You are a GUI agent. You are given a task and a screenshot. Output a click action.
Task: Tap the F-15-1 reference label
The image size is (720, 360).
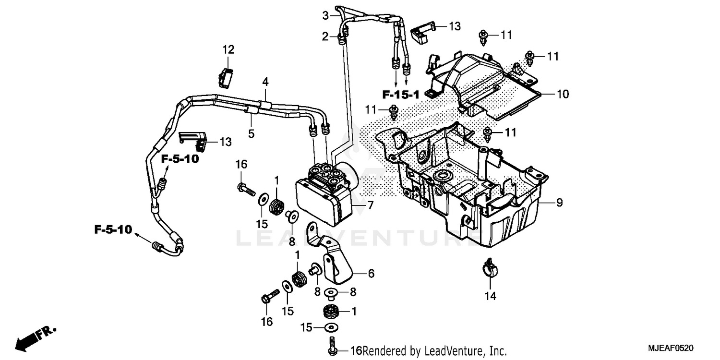pyautogui.click(x=401, y=95)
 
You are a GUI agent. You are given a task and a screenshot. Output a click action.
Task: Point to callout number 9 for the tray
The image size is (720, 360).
pyautogui.click(x=559, y=203)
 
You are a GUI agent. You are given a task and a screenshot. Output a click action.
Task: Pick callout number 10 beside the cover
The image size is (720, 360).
pyautogui.click(x=563, y=94)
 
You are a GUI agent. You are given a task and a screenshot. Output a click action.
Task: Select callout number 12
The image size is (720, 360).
pyautogui.click(x=228, y=49)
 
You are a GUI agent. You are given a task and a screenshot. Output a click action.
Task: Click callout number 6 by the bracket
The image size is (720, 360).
pyautogui.click(x=371, y=274)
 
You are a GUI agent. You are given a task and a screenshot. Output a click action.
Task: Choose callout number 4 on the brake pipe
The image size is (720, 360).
pyautogui.click(x=265, y=82)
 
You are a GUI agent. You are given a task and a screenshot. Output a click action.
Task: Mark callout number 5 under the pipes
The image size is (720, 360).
pyautogui.click(x=251, y=134)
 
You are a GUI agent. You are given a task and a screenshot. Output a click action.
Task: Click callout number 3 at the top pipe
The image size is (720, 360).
pyautogui.click(x=325, y=16)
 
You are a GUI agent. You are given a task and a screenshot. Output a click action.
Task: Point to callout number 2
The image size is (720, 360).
pyautogui.click(x=325, y=36)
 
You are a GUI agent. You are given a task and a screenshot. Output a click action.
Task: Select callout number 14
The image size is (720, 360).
pyautogui.click(x=490, y=296)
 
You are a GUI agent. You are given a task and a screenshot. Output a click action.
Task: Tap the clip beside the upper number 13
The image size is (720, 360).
pyautogui.click(x=421, y=32)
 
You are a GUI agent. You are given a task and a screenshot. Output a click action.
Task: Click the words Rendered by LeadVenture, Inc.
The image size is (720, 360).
pyautogui.click(x=435, y=351)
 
